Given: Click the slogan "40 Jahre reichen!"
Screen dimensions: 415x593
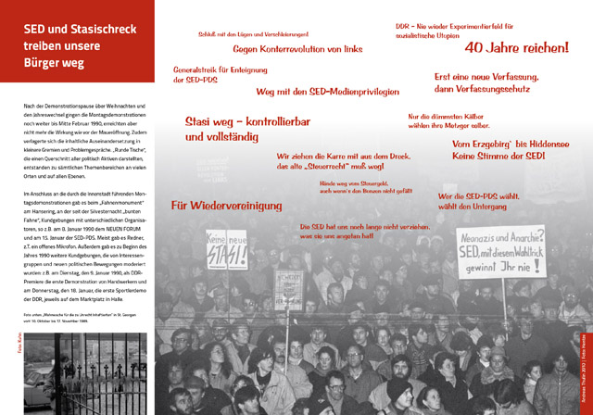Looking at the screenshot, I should pyautogui.click(x=516, y=46).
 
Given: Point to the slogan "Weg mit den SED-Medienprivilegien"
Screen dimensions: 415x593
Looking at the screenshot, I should pyautogui.click(x=327, y=92).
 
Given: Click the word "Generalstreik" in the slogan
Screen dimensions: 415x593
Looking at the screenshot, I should pyautogui.click(x=198, y=70).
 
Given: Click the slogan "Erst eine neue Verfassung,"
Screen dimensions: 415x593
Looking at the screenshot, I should pyautogui.click(x=481, y=76).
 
